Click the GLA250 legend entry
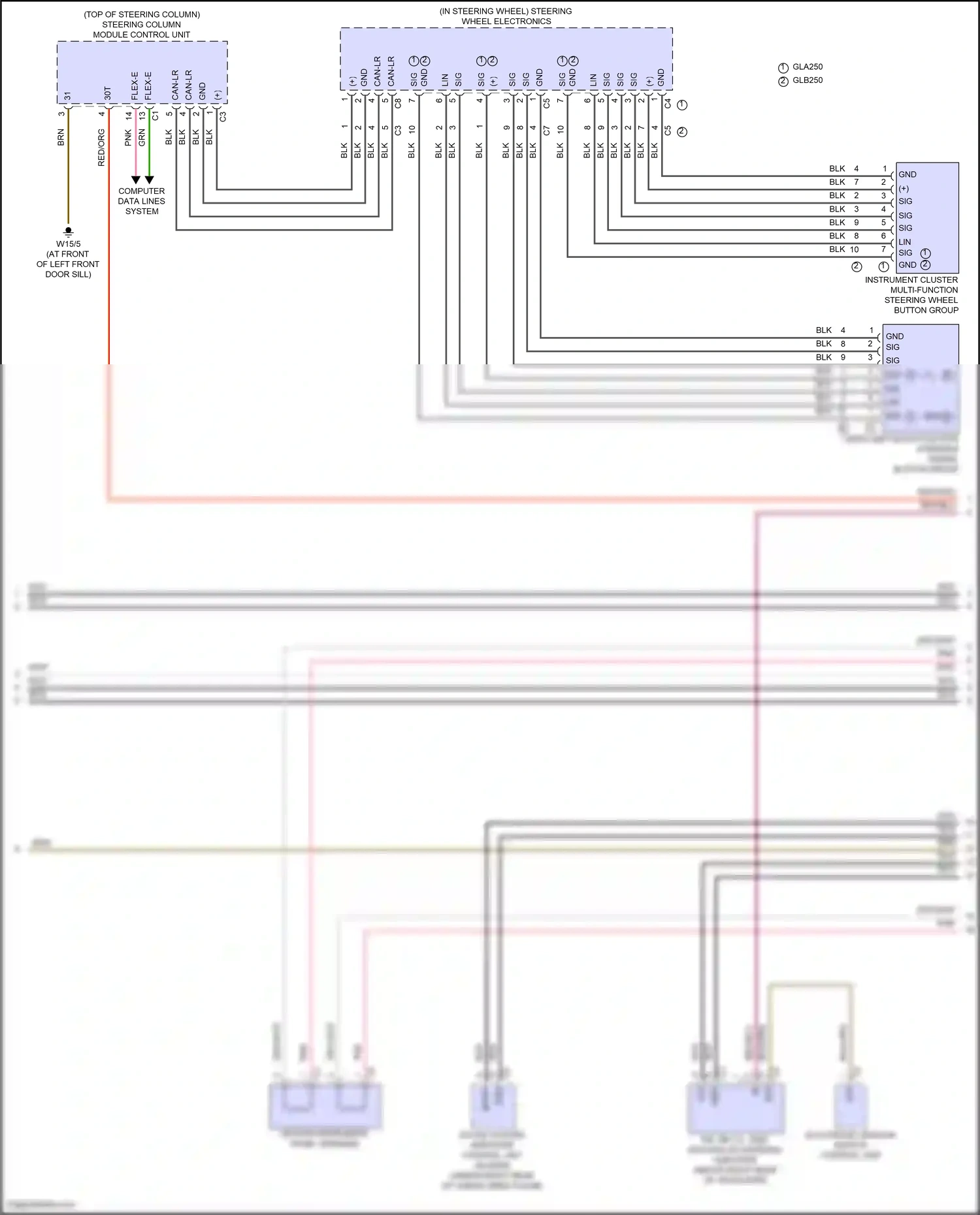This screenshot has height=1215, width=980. tap(807, 67)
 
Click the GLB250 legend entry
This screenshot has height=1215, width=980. tap(807, 80)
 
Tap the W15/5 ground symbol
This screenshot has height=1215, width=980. tap(68, 231)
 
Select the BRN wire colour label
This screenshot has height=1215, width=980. tap(61, 137)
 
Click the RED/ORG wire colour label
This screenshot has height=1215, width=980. tap(101, 148)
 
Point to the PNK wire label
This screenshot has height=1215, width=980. tap(128, 137)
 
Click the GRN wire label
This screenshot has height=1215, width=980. tap(142, 137)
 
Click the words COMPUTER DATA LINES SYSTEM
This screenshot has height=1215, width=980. tap(142, 201)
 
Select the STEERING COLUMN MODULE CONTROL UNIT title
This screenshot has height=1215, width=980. tap(142, 29)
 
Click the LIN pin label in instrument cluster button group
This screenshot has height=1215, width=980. tap(904, 242)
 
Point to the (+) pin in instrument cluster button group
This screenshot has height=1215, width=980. tap(904, 189)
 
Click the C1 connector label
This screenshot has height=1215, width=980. tap(155, 116)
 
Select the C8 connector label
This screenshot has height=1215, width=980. tap(398, 103)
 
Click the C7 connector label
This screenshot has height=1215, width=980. tap(547, 131)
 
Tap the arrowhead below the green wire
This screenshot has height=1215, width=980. tap(149, 180)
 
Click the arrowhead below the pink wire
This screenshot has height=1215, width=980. tap(135, 180)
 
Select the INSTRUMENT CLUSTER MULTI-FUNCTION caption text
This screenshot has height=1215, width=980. tap(911, 285)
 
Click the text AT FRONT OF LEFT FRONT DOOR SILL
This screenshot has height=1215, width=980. tap(68, 264)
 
